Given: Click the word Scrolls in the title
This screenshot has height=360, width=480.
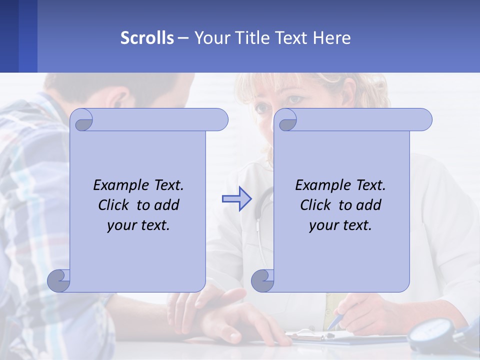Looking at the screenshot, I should coord(147,38).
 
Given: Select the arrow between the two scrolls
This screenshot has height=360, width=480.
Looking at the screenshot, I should coord(236,199).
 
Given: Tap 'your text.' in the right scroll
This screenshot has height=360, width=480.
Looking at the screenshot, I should coord(340,225).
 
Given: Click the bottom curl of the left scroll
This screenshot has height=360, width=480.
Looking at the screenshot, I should coord(59,280).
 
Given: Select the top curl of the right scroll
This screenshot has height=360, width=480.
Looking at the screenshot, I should coord(287,120).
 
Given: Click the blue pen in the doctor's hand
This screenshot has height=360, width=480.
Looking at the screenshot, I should coord(335,321).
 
